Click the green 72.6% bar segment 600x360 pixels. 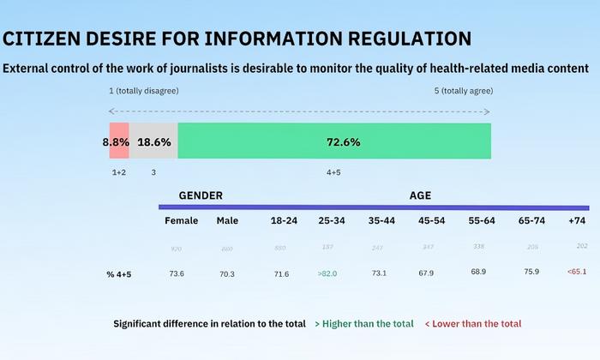click(x=334, y=141)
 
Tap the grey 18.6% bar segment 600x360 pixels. click(x=153, y=141)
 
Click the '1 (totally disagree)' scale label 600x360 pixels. click(x=142, y=91)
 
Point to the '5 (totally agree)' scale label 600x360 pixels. click(x=464, y=91)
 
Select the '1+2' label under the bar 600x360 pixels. click(x=119, y=172)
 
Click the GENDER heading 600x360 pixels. click(x=201, y=195)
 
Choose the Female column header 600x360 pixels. click(x=181, y=220)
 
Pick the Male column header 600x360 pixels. click(x=227, y=220)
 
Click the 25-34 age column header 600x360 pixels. click(x=331, y=220)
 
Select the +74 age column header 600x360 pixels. click(x=578, y=220)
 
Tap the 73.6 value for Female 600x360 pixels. click(x=177, y=273)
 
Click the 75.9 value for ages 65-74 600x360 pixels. click(x=531, y=273)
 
